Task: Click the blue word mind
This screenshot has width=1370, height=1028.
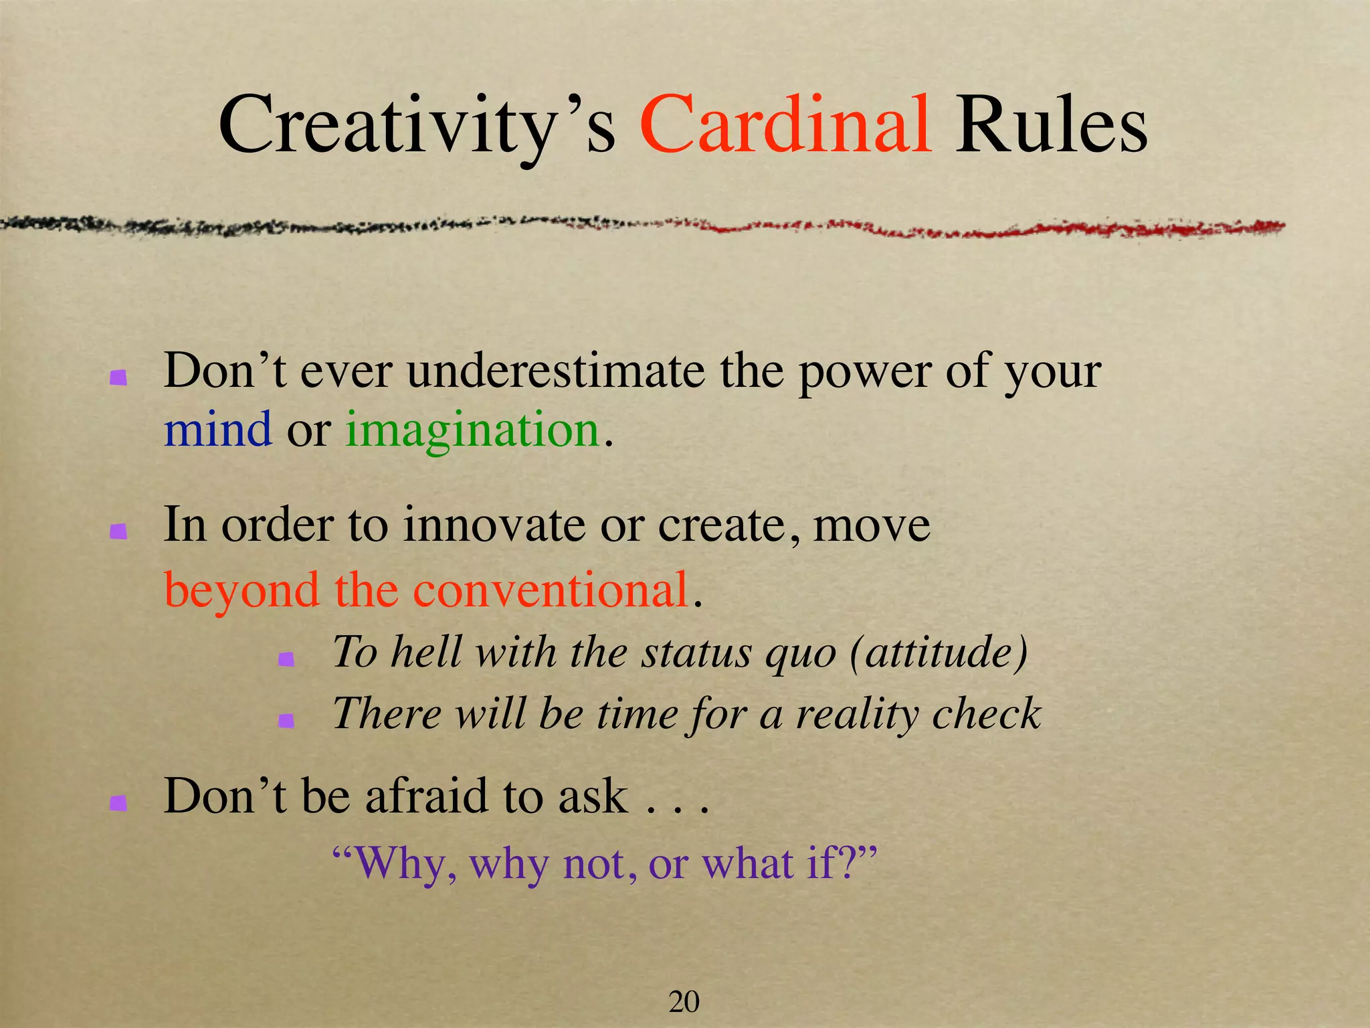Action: pos(218,429)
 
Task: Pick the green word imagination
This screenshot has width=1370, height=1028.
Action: pos(472,430)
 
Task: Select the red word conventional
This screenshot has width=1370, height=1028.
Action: pos(551,590)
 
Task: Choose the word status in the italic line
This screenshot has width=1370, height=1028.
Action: pos(696,652)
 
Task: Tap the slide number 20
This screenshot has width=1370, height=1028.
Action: pos(684,1002)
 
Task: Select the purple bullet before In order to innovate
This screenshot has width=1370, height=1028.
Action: pos(118,531)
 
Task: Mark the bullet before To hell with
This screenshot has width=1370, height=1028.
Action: pos(286,659)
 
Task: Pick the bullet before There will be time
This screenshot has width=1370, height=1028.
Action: pos(286,720)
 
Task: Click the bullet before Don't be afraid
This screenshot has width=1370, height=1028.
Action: pos(118,802)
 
